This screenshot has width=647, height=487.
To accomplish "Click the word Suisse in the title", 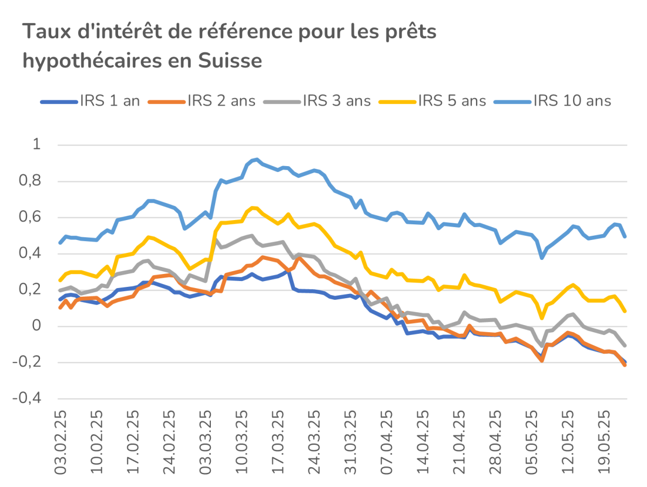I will (230, 60).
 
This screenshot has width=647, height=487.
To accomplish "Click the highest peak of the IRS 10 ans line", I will (257, 159).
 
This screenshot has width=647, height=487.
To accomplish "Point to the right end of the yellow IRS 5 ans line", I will (624, 311).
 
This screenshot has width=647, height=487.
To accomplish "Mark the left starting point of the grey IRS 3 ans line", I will (60, 291).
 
